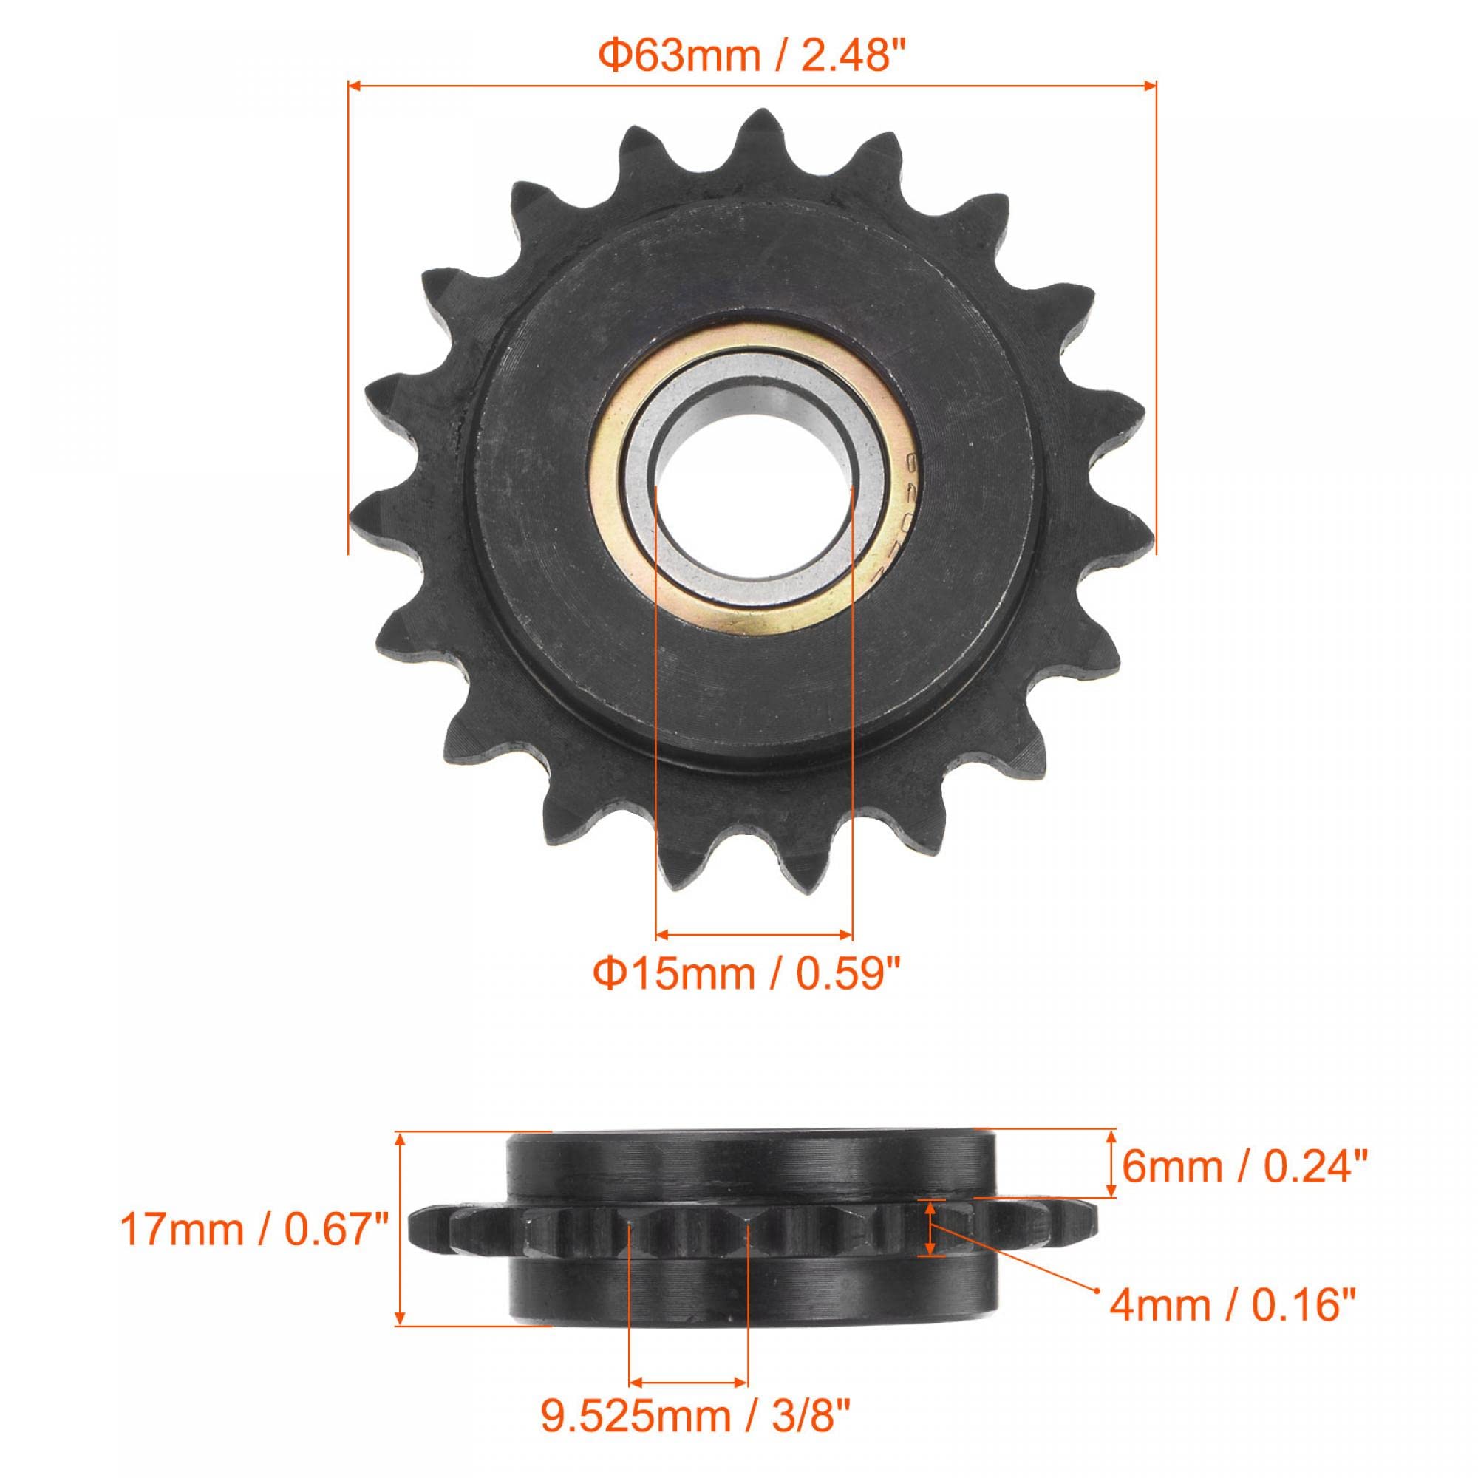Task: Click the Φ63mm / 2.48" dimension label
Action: [x=752, y=58]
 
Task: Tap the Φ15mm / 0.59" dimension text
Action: [x=752, y=976]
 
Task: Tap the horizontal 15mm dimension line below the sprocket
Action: [x=754, y=933]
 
